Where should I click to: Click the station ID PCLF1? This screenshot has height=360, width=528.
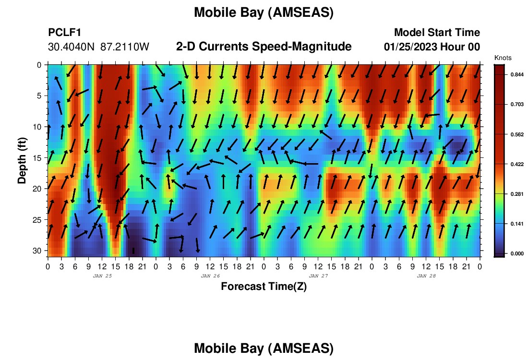[65, 32]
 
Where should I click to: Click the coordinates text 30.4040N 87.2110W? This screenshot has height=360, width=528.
[98, 47]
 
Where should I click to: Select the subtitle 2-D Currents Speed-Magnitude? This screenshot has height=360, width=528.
[264, 47]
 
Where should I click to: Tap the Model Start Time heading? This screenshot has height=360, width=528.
[437, 32]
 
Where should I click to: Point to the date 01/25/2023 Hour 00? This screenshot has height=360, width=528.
[432, 47]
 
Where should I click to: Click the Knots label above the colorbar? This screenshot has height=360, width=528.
[503, 58]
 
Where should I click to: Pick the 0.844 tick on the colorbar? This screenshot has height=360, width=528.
[517, 74]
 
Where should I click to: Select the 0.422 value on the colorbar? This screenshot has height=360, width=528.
[517, 164]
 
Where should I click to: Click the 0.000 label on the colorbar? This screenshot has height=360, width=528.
[517, 253]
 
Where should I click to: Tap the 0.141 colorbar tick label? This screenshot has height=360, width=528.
[517, 224]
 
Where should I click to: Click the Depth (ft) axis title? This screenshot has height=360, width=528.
[22, 161]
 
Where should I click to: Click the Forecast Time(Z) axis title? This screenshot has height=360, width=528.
[264, 287]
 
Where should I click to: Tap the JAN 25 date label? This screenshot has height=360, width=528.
[102, 276]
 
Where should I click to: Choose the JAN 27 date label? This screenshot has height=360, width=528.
[318, 276]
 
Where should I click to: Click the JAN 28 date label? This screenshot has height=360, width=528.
[426, 276]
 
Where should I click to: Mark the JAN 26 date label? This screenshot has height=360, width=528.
[210, 276]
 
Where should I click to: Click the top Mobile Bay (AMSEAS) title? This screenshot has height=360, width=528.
[264, 12]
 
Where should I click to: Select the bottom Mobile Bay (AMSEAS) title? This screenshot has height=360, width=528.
[264, 348]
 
